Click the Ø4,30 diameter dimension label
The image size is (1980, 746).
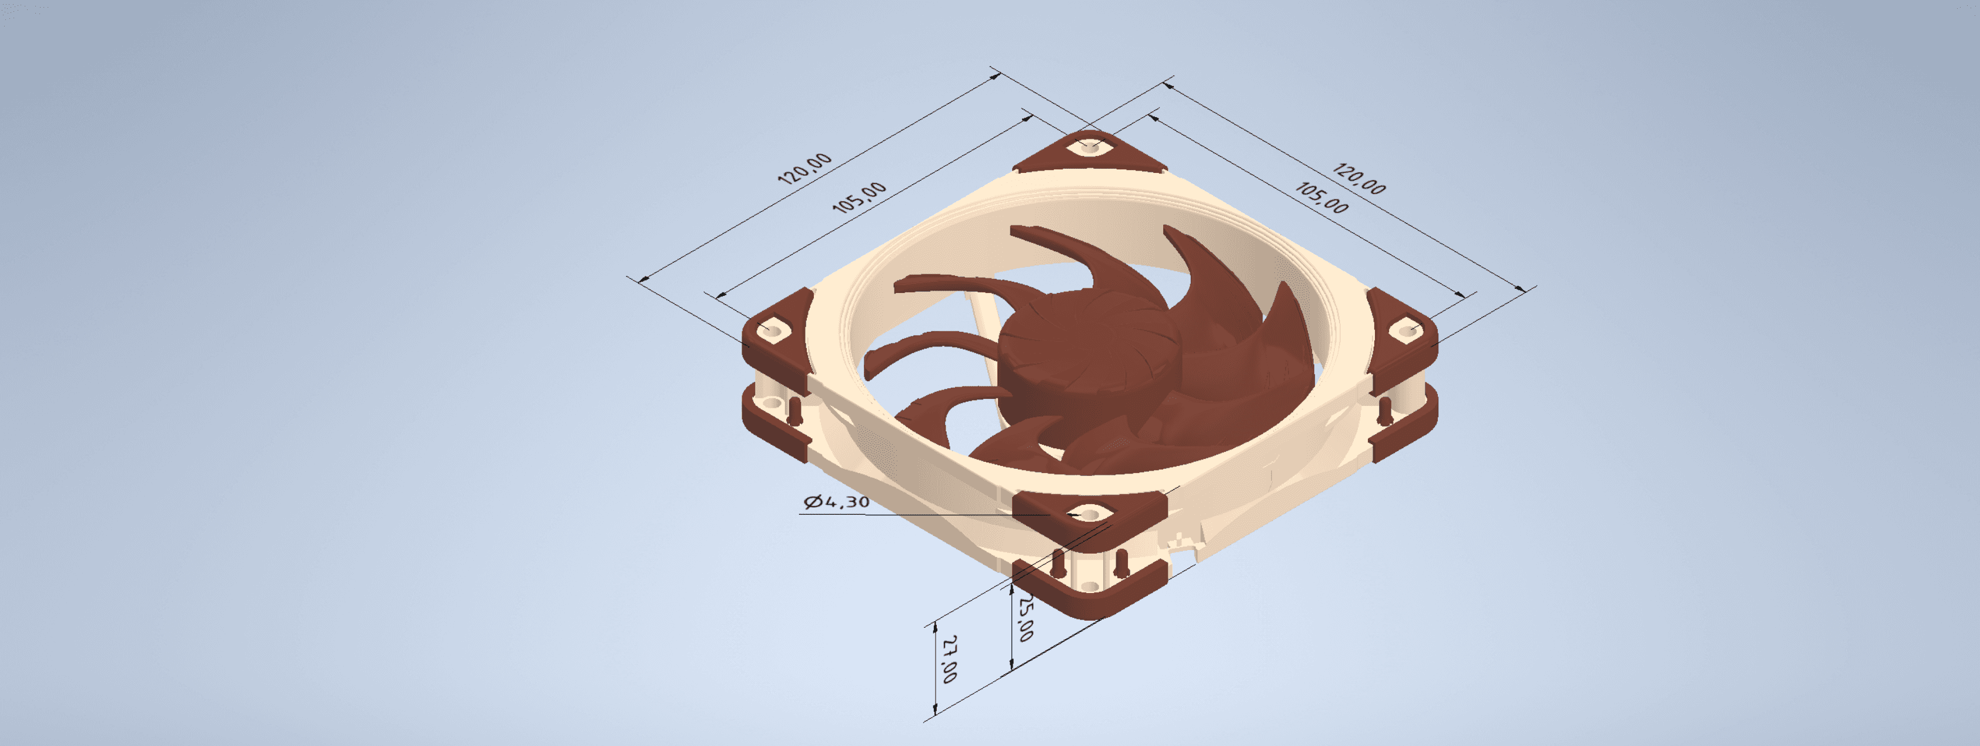pos(836,501)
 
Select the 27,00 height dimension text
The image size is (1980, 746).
pos(950,659)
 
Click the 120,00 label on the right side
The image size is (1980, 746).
pos(1359,178)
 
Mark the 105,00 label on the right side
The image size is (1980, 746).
pos(1321,197)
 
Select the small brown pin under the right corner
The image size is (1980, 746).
pos(1385,411)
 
